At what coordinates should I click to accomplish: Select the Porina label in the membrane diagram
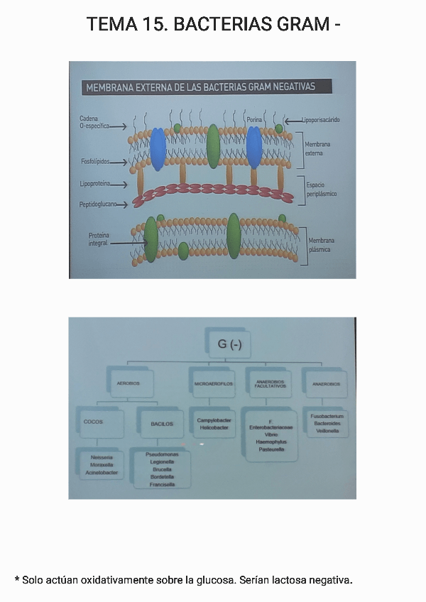254,120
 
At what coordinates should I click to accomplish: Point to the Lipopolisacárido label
320,120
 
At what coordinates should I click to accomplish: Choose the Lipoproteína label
94,184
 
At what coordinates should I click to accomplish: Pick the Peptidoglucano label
98,204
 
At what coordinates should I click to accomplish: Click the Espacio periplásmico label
321,189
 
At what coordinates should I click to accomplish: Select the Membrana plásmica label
322,245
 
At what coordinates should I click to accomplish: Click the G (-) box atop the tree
225,344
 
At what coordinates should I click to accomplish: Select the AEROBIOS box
128,383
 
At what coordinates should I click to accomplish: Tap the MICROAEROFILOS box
213,383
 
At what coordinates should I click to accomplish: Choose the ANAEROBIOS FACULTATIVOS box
269,383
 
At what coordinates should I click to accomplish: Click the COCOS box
94,422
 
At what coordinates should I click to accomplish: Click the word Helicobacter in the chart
213,428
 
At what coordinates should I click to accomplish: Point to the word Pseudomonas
162,454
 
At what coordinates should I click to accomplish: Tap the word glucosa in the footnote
214,580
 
